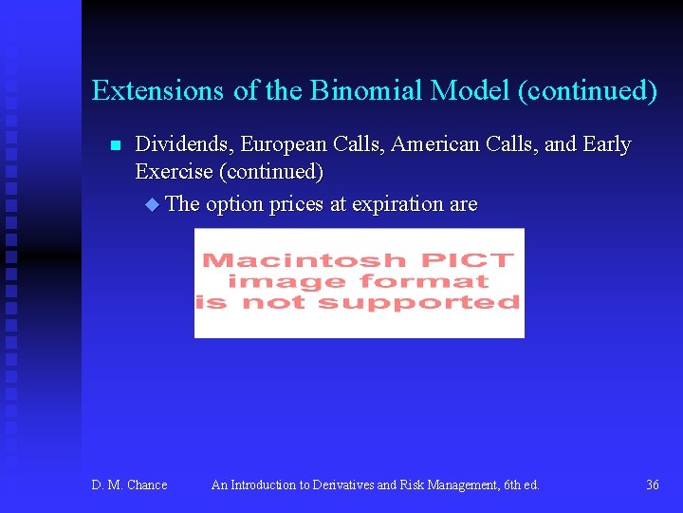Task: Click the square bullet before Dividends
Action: tap(115, 146)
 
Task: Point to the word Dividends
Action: tap(185, 144)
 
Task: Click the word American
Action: tap(435, 144)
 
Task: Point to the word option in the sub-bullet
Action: tap(233, 204)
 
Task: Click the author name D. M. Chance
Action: tap(129, 485)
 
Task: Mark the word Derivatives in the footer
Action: tap(336, 485)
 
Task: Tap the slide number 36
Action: tap(652, 485)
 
